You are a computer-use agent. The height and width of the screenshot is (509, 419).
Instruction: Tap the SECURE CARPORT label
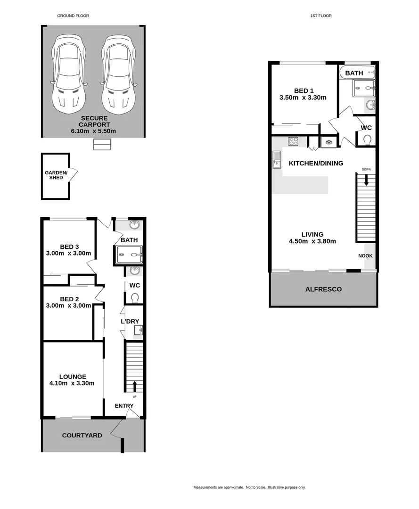(x=94, y=124)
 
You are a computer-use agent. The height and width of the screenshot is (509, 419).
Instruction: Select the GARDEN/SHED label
(x=56, y=175)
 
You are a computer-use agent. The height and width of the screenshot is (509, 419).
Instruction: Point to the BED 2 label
(x=69, y=299)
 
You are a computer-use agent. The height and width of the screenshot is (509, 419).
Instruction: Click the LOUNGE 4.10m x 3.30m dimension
(x=73, y=383)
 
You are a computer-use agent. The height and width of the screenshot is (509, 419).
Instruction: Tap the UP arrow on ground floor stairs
(x=134, y=386)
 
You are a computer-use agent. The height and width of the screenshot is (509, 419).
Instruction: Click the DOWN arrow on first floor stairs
(x=366, y=180)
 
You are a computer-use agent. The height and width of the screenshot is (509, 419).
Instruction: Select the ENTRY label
(x=124, y=406)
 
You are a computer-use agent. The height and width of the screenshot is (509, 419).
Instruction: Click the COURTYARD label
(x=82, y=435)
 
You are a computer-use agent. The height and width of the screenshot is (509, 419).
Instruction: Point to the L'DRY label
(x=130, y=321)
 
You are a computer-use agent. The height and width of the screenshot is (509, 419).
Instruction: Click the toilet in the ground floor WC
(x=135, y=297)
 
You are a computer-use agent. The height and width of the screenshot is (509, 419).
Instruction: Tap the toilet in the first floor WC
(x=368, y=140)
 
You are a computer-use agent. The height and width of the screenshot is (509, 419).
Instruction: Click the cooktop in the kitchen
(x=293, y=141)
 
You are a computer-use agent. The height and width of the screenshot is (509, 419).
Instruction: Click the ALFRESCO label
(x=323, y=289)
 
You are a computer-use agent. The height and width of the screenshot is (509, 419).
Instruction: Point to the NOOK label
(x=366, y=256)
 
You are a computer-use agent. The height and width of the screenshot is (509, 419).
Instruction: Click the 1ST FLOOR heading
(x=321, y=16)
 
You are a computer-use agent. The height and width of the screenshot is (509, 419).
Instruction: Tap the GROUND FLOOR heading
(x=73, y=16)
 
